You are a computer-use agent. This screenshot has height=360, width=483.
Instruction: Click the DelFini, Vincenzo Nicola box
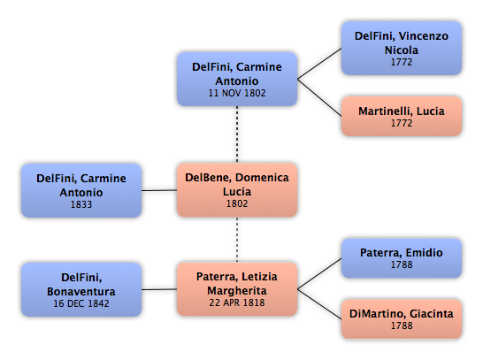(402, 49)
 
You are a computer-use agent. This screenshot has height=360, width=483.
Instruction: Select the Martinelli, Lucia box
(402, 116)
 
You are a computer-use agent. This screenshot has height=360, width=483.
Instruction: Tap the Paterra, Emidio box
(402, 258)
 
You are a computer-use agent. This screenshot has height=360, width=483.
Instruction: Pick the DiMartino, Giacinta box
(402, 319)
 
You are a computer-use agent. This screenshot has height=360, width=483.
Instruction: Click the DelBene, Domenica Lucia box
(237, 190)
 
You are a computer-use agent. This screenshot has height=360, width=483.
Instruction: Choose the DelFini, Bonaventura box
(81, 289)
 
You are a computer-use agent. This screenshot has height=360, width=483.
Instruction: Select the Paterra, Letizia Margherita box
(237, 289)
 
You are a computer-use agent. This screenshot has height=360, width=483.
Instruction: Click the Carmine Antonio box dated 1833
(81, 191)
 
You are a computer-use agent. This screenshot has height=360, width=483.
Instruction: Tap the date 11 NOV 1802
(237, 93)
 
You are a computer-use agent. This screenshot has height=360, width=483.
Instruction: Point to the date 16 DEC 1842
(81, 303)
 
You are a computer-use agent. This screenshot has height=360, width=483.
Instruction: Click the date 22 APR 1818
(237, 303)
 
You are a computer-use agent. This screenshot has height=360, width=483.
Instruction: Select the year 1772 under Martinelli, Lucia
(402, 123)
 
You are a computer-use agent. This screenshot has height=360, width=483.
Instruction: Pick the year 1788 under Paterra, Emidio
(402, 264)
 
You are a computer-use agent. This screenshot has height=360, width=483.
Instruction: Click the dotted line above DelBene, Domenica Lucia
(237, 134)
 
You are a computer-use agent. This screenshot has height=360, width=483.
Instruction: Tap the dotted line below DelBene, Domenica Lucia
(237, 240)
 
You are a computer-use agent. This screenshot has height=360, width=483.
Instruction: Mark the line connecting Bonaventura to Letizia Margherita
(159, 289)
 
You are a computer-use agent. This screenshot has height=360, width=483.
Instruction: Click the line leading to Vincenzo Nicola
(319, 64)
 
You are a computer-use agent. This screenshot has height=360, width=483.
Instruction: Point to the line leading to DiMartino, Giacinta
(319, 304)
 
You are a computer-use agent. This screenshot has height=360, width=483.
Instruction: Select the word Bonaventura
(81, 292)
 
